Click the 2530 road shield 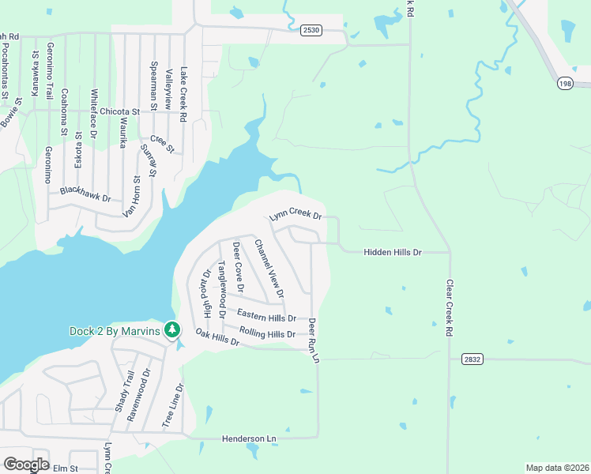(x=311, y=30)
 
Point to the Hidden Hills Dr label (x=393, y=252)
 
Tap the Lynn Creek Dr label (x=296, y=216)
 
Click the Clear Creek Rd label (x=448, y=309)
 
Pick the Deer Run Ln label (x=314, y=340)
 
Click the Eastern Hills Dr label (x=266, y=317)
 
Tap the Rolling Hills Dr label (x=267, y=334)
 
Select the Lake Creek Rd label (x=183, y=93)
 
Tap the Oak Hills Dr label (x=217, y=338)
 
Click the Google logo (x=26, y=465)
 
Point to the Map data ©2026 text (x=556, y=468)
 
